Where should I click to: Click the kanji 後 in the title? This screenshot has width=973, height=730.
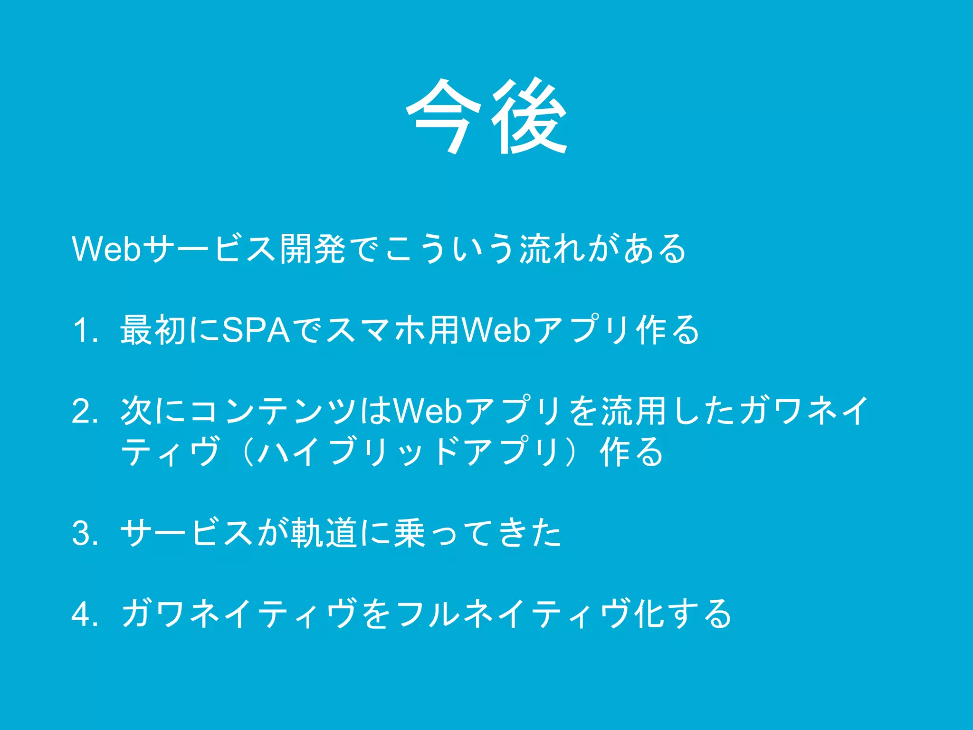529,116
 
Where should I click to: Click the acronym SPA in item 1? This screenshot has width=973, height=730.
256,330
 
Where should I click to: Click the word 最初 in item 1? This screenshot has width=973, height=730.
153,330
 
